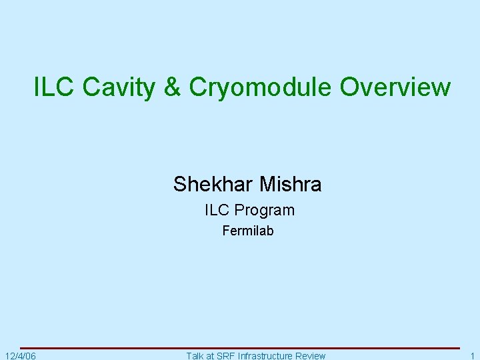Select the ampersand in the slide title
(x=172, y=87)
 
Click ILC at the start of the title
(x=49, y=87)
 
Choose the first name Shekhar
(x=208, y=184)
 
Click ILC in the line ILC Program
(x=217, y=210)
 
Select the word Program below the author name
(x=264, y=211)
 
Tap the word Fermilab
(x=247, y=231)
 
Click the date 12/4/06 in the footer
(x=20, y=355)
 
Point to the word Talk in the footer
(x=196, y=355)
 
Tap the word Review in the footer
(x=310, y=355)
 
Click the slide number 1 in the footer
(x=471, y=355)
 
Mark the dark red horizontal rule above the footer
(x=240, y=348)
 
